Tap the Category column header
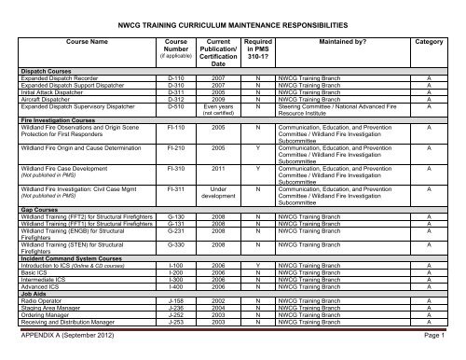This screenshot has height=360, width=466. click(x=428, y=42)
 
